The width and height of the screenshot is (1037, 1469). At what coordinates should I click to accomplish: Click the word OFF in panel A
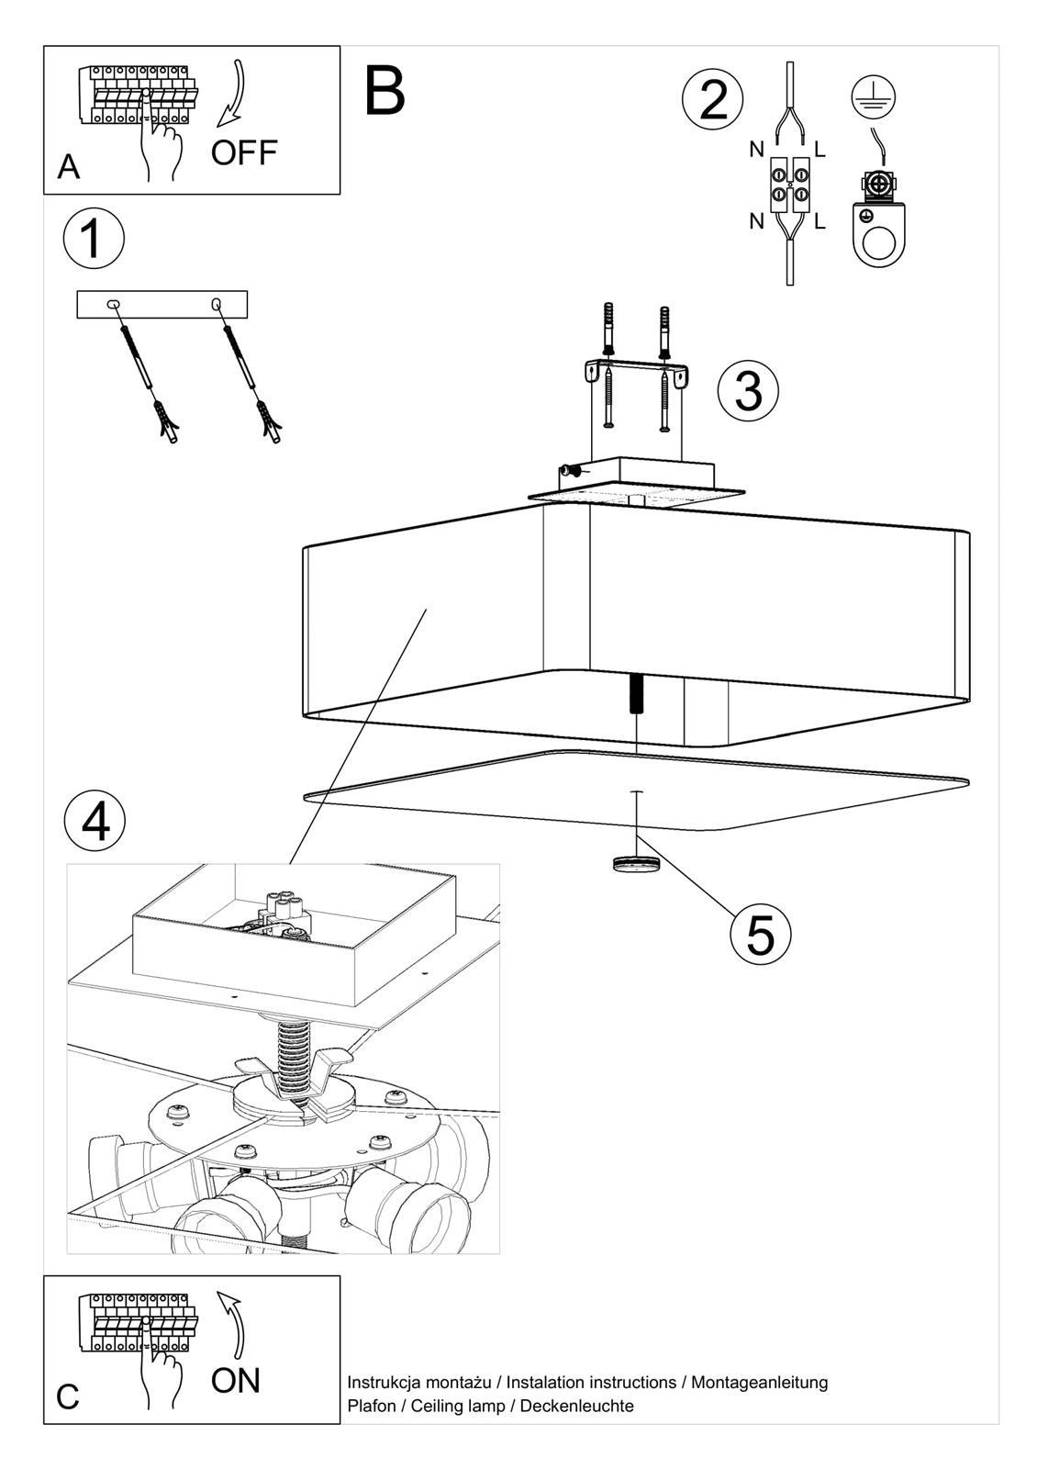point(243,152)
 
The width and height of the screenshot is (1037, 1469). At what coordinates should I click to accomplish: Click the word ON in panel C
point(236,1379)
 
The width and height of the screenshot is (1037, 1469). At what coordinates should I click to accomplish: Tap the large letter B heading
point(385,92)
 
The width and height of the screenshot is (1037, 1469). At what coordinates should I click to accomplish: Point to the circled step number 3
point(748,390)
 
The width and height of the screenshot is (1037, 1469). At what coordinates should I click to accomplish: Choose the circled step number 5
point(760,935)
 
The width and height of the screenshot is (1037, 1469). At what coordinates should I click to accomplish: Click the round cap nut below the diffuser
point(635,863)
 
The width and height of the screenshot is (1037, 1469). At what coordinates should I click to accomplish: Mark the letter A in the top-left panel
point(68,167)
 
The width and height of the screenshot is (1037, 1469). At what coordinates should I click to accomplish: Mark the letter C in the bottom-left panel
point(68,1396)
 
